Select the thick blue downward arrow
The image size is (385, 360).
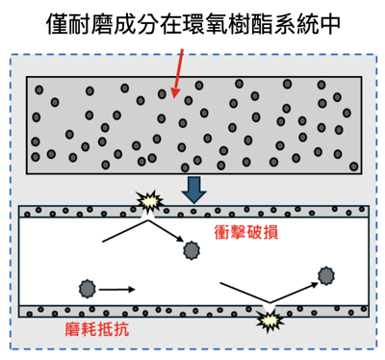[193, 189]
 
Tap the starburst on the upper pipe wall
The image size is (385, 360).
[149, 202]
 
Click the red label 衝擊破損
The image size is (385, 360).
[246, 233]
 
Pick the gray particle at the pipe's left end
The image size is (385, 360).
[88, 288]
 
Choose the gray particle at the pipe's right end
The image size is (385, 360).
[326, 276]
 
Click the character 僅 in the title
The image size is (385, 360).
[57, 22]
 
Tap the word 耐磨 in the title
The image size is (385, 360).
[94, 22]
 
